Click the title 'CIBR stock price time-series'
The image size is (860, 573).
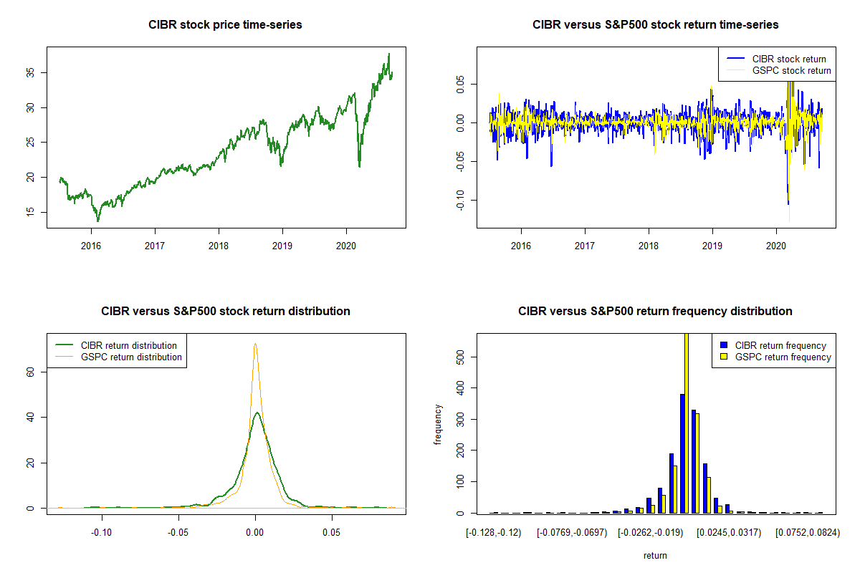click(x=225, y=25)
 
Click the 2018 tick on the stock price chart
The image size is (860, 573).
click(x=219, y=246)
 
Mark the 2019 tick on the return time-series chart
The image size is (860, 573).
click(x=712, y=246)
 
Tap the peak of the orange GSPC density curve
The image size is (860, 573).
click(x=255, y=344)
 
